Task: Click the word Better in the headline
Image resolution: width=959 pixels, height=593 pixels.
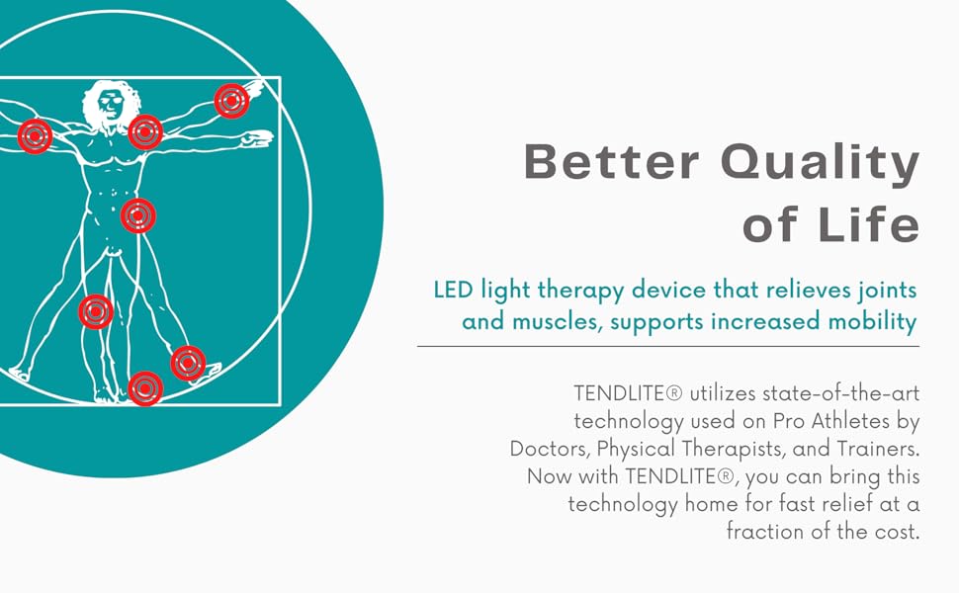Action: (x=611, y=161)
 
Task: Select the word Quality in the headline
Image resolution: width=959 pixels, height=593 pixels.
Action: (x=821, y=165)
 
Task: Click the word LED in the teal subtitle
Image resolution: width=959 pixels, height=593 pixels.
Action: (x=453, y=290)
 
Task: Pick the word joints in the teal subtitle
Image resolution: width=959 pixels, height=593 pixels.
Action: (x=887, y=290)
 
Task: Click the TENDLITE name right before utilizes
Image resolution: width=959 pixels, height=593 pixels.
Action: (x=628, y=393)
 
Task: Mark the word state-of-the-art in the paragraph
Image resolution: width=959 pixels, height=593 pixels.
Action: (x=841, y=393)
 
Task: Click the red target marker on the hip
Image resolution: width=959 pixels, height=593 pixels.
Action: (x=138, y=215)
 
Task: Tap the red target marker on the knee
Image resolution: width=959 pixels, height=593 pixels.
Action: (x=96, y=311)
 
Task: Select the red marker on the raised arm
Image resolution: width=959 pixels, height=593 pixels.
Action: (x=231, y=101)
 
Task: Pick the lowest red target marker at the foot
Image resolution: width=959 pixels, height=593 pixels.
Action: (x=145, y=388)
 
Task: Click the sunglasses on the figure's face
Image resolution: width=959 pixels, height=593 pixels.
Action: (x=111, y=101)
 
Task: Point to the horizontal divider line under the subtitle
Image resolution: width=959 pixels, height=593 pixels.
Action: (x=668, y=346)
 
